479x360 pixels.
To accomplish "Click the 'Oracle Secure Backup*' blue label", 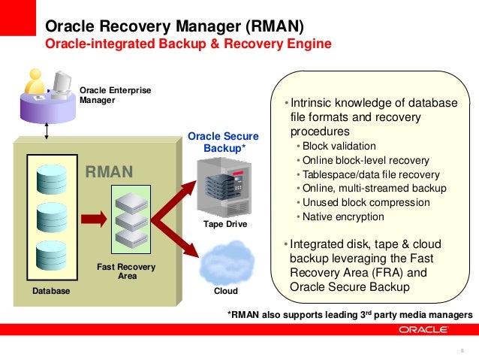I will coord(223,142).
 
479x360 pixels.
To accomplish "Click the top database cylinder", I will coord(52,175).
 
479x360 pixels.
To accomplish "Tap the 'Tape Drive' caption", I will coord(224,225).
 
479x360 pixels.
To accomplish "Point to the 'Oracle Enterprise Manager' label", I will coord(115,95).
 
